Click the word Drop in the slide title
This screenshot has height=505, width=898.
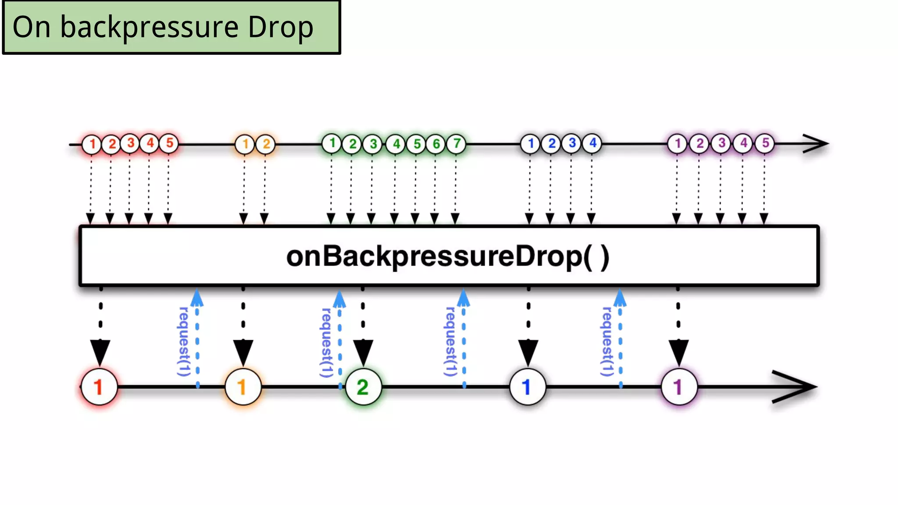(281, 27)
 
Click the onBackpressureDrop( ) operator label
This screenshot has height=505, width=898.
(448, 256)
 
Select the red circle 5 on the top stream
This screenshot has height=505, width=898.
(169, 143)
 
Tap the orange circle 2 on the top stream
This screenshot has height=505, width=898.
(266, 144)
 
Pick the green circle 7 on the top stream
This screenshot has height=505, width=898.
(456, 143)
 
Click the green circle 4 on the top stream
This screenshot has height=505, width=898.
(396, 144)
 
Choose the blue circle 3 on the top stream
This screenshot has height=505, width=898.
(572, 143)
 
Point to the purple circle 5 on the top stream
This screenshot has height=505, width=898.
(765, 143)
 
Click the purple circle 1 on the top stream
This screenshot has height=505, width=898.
(677, 143)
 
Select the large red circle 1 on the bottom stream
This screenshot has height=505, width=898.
(99, 387)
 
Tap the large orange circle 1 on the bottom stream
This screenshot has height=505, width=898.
(243, 387)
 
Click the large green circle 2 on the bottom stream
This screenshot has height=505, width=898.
(363, 387)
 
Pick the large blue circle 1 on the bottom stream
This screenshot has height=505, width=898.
(527, 387)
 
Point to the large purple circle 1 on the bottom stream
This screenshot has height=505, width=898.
(679, 387)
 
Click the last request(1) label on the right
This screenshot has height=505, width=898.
(607, 342)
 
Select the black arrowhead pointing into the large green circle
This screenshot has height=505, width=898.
(363, 352)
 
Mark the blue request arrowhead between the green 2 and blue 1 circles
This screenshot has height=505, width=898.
(463, 298)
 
